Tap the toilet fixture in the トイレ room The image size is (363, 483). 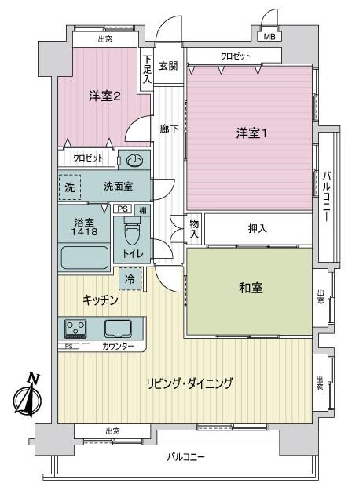coord(133,231)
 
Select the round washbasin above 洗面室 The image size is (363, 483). coord(135,160)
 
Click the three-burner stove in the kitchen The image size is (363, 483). coord(75,329)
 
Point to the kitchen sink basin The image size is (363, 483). coord(118,329)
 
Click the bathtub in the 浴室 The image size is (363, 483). coord(85,257)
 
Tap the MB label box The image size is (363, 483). coord(269,36)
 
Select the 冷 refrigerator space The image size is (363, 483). coord(130,279)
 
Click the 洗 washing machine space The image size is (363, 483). coord(70,187)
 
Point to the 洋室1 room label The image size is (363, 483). coord(251,133)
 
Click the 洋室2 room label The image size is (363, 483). coord(104,96)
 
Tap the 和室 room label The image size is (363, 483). coord(251,288)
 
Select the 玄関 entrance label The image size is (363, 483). coord(168,66)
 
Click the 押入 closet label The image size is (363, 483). coord(258,228)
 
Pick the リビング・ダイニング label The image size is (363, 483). coord(189,383)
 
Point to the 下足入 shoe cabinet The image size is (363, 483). coord(147,70)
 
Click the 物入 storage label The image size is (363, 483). coord(194,229)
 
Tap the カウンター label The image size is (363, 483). coord(118,347)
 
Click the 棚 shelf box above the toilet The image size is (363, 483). coord(143,210)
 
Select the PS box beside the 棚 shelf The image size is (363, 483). coord(123,209)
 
